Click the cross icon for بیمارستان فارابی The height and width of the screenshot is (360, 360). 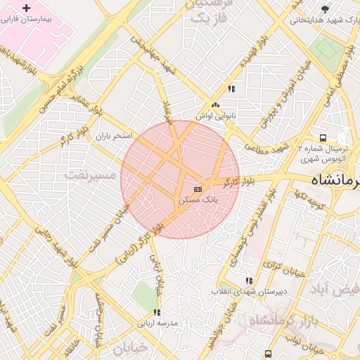click(x=27, y=9)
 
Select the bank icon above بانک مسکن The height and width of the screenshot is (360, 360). click(x=198, y=188)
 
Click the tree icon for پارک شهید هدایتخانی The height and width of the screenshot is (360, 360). click(x=325, y=9)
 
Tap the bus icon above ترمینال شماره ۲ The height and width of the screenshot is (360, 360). click(x=323, y=138)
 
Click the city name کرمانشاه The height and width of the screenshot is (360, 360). click(x=330, y=181)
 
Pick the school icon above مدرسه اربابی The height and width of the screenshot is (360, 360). click(x=157, y=312)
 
